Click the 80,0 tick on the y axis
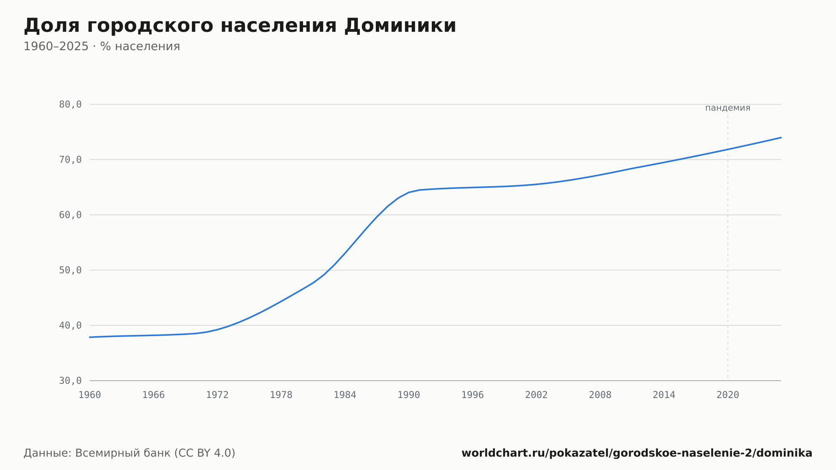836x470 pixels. (x=70, y=105)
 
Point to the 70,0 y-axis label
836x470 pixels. (x=70, y=160)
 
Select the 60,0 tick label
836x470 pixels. (x=70, y=215)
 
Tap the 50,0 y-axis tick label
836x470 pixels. (x=70, y=270)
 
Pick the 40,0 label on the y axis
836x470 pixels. (x=70, y=325)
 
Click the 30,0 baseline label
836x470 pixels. (x=70, y=381)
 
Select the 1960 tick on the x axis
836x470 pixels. (x=90, y=395)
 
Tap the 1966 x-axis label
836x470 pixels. (x=153, y=395)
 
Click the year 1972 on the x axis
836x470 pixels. (x=217, y=395)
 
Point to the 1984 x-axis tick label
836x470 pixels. (x=345, y=395)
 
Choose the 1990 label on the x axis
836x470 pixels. (x=409, y=395)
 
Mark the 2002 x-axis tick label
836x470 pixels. (x=536, y=395)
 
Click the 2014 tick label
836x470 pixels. (x=664, y=395)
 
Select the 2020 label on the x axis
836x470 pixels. (x=728, y=395)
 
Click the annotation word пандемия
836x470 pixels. (x=728, y=108)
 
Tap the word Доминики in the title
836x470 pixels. (x=400, y=26)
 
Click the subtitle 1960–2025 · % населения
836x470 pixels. (x=102, y=46)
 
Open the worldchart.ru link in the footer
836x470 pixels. (x=637, y=453)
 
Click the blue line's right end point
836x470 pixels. (x=781, y=138)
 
